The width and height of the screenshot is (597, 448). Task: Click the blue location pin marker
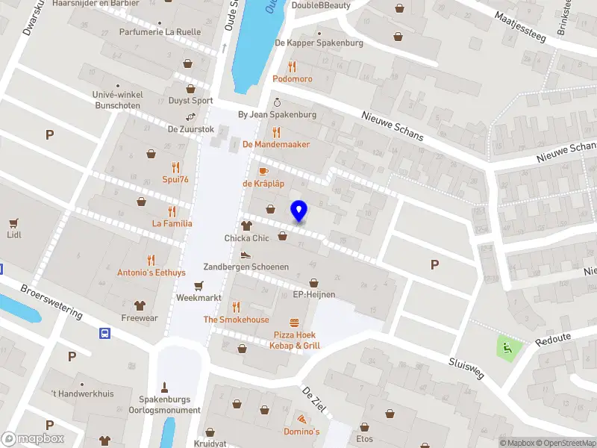tap(299, 211)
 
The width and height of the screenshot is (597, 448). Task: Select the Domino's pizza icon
tap(301, 420)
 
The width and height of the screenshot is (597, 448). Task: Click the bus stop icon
tap(105, 334)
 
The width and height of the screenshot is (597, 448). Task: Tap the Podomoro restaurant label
tap(293, 79)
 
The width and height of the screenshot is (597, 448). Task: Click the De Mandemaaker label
tap(276, 144)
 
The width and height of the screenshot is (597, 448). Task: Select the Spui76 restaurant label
tap(175, 179)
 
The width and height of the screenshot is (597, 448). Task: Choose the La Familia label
tap(172, 223)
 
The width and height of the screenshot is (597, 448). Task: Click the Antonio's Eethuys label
tap(151, 273)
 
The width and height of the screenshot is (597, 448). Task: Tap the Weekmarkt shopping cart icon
tap(199, 285)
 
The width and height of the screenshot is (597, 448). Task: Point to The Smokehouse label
tap(237, 320)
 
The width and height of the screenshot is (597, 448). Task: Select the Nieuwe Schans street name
tap(392, 125)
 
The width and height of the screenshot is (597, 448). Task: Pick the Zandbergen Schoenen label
tap(246, 267)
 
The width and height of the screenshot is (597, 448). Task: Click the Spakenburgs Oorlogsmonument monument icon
tap(165, 388)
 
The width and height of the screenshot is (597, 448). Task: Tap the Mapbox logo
tap(32, 439)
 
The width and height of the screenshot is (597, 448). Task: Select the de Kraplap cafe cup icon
tap(263, 171)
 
